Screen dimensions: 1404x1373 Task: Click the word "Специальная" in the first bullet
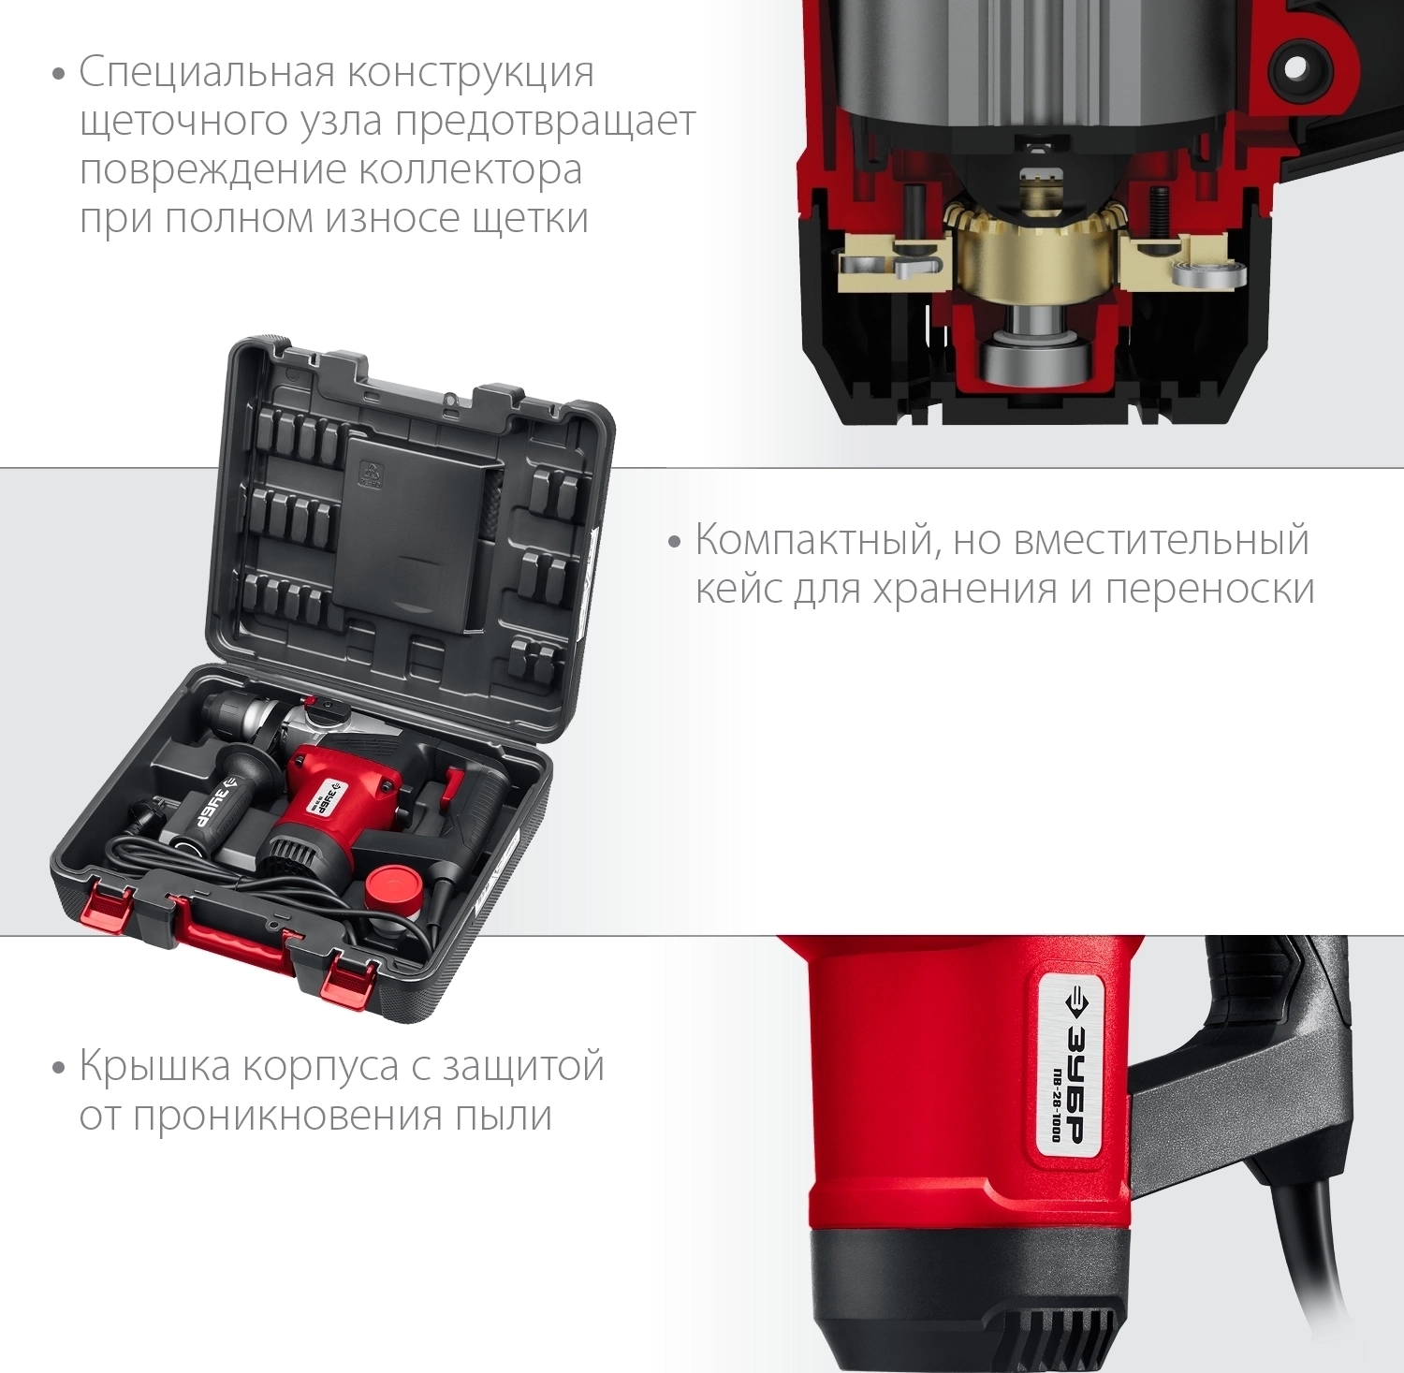(207, 73)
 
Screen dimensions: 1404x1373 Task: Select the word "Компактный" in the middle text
(817, 541)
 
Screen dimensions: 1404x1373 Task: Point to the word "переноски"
(1209, 591)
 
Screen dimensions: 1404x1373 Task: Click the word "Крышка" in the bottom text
(155, 1066)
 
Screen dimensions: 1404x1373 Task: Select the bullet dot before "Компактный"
(674, 543)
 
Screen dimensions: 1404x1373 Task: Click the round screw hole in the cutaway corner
(1295, 67)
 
